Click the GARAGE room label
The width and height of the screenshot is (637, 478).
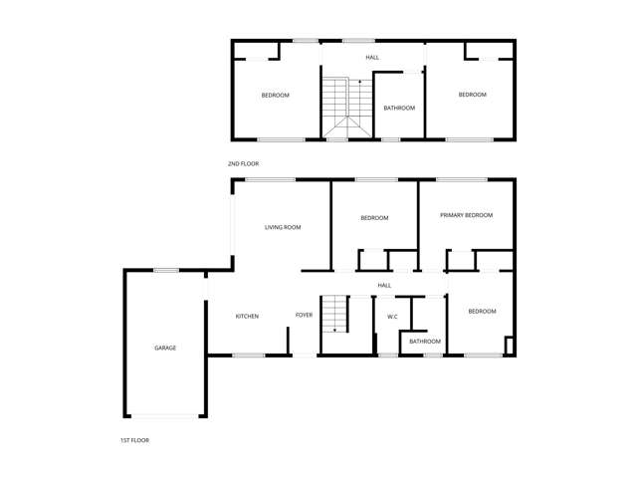[x=165, y=348]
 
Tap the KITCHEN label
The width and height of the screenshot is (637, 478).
[x=247, y=317]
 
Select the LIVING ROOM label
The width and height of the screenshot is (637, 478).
[x=283, y=227]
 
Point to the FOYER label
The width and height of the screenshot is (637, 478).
[x=304, y=316]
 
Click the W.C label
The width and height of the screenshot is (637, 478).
[x=393, y=317]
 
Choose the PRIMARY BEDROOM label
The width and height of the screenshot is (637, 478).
[x=467, y=215]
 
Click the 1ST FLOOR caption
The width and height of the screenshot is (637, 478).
[x=133, y=439]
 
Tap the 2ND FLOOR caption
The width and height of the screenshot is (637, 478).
[x=243, y=163]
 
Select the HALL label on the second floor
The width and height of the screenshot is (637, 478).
[x=372, y=58]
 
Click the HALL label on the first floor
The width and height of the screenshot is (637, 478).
[x=384, y=286]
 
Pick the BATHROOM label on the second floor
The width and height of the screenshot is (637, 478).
[x=399, y=108]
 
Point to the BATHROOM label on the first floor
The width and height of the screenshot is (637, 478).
[x=425, y=342]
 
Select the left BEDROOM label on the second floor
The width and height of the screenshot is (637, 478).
[x=275, y=96]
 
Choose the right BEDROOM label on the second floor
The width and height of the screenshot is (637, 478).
[x=472, y=95]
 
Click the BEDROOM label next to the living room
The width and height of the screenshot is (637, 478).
[x=374, y=218]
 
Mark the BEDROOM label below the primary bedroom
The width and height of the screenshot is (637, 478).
[x=482, y=312]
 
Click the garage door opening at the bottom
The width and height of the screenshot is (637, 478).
[x=165, y=415]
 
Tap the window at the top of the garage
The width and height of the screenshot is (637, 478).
[x=165, y=270]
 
